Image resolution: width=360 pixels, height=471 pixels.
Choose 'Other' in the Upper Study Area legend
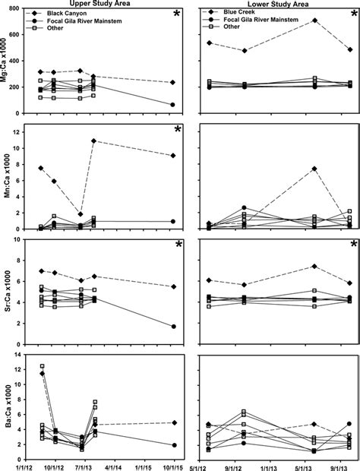coord(65,34)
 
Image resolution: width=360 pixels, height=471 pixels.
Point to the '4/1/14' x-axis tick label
coord(115,461)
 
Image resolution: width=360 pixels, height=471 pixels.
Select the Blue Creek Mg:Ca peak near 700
coord(314,21)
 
